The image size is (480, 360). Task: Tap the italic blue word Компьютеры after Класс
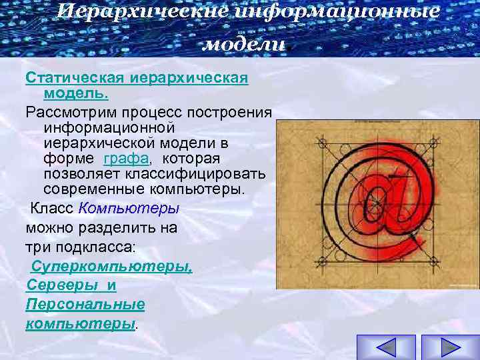(x=129, y=207)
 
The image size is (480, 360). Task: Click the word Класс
(x=52, y=207)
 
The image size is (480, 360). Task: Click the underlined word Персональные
(x=85, y=305)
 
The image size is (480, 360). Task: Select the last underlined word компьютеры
(x=80, y=324)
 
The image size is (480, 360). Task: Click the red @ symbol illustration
(x=377, y=205)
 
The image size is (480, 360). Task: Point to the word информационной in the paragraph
(x=109, y=127)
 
